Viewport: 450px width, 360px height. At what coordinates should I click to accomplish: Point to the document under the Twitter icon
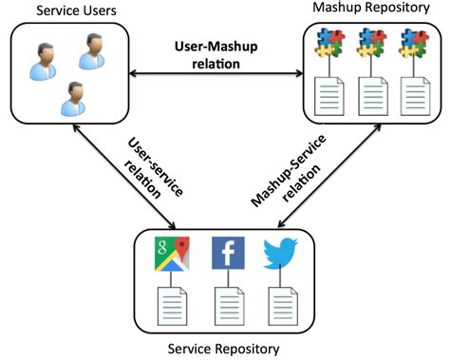(280, 307)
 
